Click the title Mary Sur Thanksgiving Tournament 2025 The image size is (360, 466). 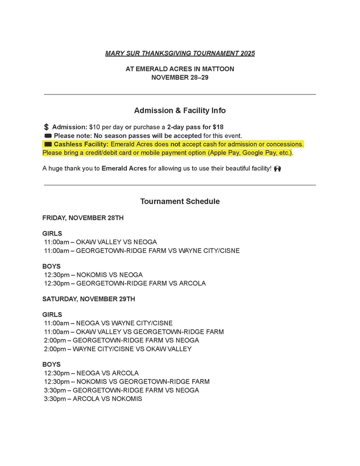coord(180,54)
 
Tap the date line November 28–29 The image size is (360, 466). coord(180,78)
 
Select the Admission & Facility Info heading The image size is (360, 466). coord(180,110)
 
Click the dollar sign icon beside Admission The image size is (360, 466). coord(46,127)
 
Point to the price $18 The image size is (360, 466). coord(218,127)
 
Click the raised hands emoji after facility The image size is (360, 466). coord(277,168)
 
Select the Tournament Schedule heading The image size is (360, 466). coord(180,202)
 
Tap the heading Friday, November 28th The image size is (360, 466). coord(83,218)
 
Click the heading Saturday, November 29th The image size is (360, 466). coord(89,299)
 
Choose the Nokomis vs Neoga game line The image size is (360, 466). coord(93,275)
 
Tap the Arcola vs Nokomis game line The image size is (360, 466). coord(93,399)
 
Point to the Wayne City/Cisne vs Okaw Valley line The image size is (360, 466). coord(118,349)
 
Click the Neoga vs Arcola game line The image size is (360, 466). coord(91,373)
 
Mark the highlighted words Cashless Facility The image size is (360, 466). coord(81,144)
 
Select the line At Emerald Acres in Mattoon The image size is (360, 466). coord(180,69)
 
